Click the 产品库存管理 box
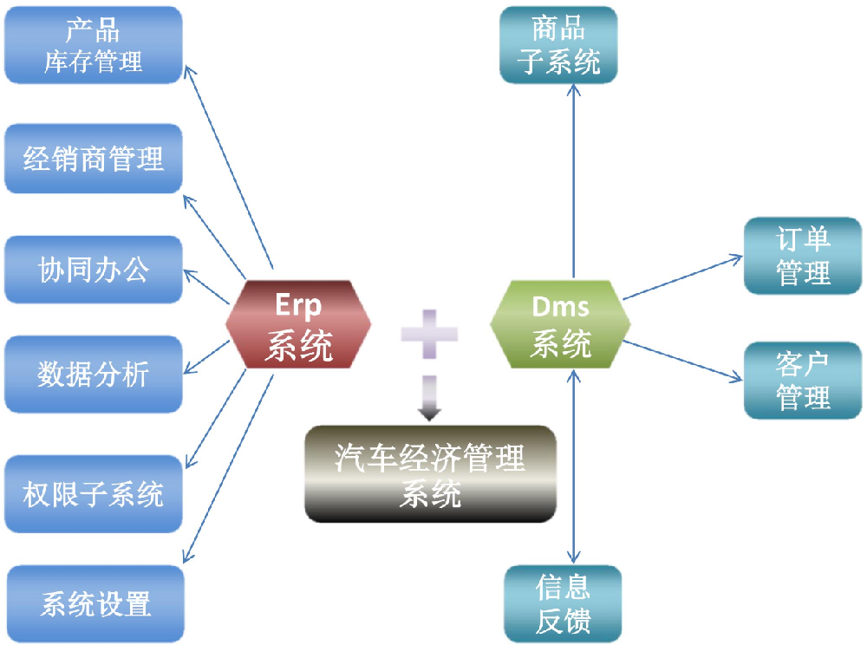pyautogui.click(x=94, y=45)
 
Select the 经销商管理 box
pyautogui.click(x=94, y=159)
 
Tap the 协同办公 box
pyautogui.click(x=94, y=269)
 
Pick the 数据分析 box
pyautogui.click(x=94, y=374)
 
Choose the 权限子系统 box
pyautogui.click(x=94, y=494)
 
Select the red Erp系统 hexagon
pyautogui.click(x=298, y=322)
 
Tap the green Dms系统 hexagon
pyautogui.click(x=560, y=322)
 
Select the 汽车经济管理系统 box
pyautogui.click(x=430, y=474)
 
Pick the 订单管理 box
pyautogui.click(x=803, y=256)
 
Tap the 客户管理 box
pyautogui.click(x=803, y=380)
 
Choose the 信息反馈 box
pyautogui.click(x=564, y=604)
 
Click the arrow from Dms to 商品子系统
pyautogui.click(x=573, y=173)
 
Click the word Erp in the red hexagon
pyautogui.click(x=298, y=305)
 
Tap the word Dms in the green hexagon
pyautogui.click(x=560, y=306)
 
